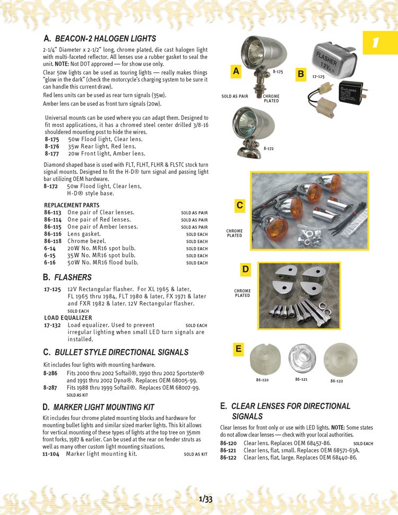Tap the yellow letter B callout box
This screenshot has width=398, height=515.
[x=300, y=74]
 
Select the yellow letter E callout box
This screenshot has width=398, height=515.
[x=238, y=348]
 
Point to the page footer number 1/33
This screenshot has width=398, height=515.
[x=206, y=499]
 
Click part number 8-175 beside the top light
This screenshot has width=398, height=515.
[x=278, y=71]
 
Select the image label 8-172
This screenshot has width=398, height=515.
[x=270, y=149]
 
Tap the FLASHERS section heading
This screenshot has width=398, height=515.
[x=73, y=277]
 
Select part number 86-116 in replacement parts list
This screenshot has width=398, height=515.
[x=53, y=234]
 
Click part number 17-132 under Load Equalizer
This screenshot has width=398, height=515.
[x=52, y=325]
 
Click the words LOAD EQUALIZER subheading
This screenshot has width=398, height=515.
[x=68, y=318]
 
